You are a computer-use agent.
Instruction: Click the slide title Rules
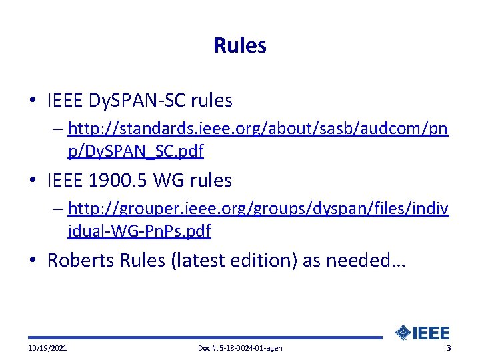coord(240,45)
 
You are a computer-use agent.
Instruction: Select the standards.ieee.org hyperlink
coord(257,128)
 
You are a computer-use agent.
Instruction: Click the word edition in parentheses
coord(263,260)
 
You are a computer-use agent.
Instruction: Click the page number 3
coord(449,349)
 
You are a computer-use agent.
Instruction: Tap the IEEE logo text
coord(432,333)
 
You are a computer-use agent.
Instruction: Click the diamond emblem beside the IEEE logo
coord(403,333)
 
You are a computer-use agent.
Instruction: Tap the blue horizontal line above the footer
coord(200,338)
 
